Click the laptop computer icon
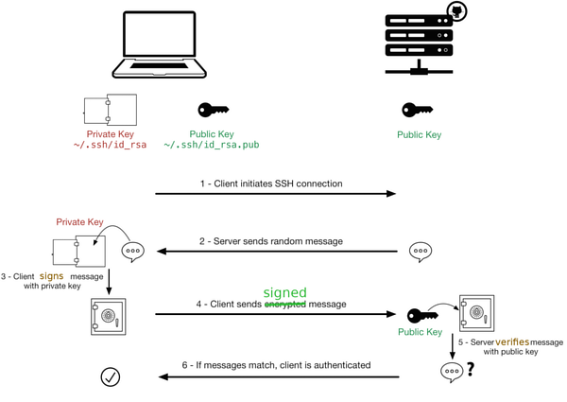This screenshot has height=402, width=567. pyautogui.click(x=159, y=44)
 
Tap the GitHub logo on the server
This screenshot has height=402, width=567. pyautogui.click(x=457, y=11)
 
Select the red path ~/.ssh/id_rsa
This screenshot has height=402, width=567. pyautogui.click(x=110, y=145)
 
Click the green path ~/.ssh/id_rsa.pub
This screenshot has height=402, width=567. pyautogui.click(x=212, y=145)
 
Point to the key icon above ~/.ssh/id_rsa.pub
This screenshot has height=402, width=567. pyautogui.click(x=213, y=110)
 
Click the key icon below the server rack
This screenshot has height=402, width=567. pyautogui.click(x=418, y=110)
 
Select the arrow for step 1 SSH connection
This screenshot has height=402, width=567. pyautogui.click(x=276, y=194)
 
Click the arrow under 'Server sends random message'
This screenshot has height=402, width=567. pyautogui.click(x=277, y=251)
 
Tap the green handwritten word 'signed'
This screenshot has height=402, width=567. pyautogui.click(x=285, y=292)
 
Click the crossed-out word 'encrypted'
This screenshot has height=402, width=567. pyautogui.click(x=285, y=305)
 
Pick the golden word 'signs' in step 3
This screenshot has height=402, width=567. pyautogui.click(x=51, y=276)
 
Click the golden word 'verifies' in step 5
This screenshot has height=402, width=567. pyautogui.click(x=512, y=341)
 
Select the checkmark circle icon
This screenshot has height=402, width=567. pyautogui.click(x=110, y=377)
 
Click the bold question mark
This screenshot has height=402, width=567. pyautogui.click(x=470, y=369)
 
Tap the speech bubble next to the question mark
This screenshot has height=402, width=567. pyautogui.click(x=452, y=372)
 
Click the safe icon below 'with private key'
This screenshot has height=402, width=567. pyautogui.click(x=108, y=316)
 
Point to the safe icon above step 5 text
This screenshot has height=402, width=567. pyautogui.click(x=476, y=313)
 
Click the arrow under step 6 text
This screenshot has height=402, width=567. pyautogui.click(x=279, y=377)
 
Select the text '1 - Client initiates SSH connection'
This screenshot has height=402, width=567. pyautogui.click(x=271, y=184)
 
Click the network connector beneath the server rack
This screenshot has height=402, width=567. pyautogui.click(x=419, y=68)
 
